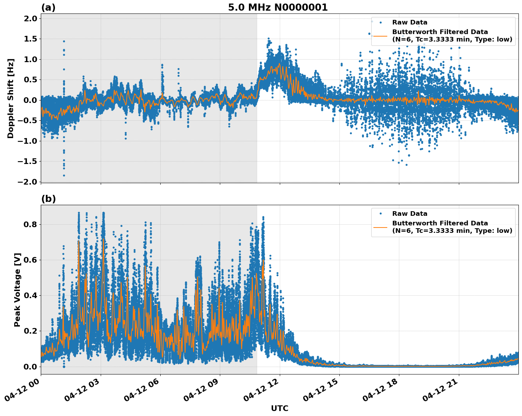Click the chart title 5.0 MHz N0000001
pyautogui.click(x=278, y=7)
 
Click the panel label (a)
pyautogui.click(x=48, y=7)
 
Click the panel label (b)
pyautogui.click(x=48, y=199)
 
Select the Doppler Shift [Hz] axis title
pyautogui.click(x=11, y=98)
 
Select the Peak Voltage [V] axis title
pyautogui.click(x=17, y=290)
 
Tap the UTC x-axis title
pyautogui.click(x=279, y=408)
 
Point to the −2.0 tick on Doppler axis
pyautogui.click(x=27, y=182)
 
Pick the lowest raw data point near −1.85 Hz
pyautogui.click(x=64, y=175)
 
